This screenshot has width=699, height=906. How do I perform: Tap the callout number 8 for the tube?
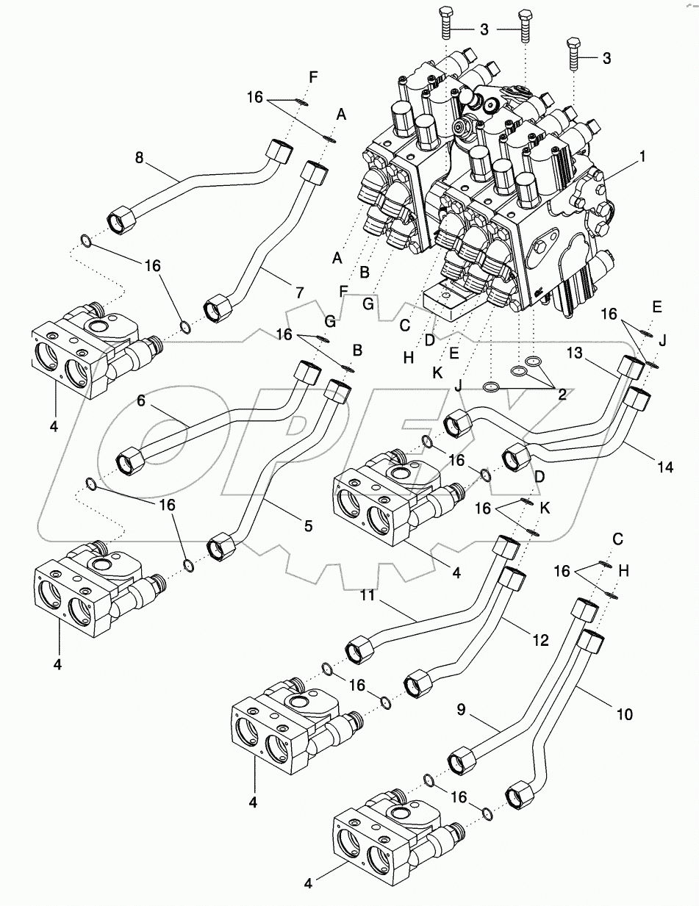[x=138, y=157]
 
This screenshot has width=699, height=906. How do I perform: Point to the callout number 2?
[x=562, y=395]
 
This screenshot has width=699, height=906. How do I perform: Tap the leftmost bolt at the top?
[x=445, y=21]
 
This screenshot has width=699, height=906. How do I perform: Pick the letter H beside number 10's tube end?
[x=623, y=569]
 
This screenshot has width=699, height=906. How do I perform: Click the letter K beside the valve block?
[x=437, y=373]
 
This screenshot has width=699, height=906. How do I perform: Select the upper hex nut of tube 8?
[x=280, y=152]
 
